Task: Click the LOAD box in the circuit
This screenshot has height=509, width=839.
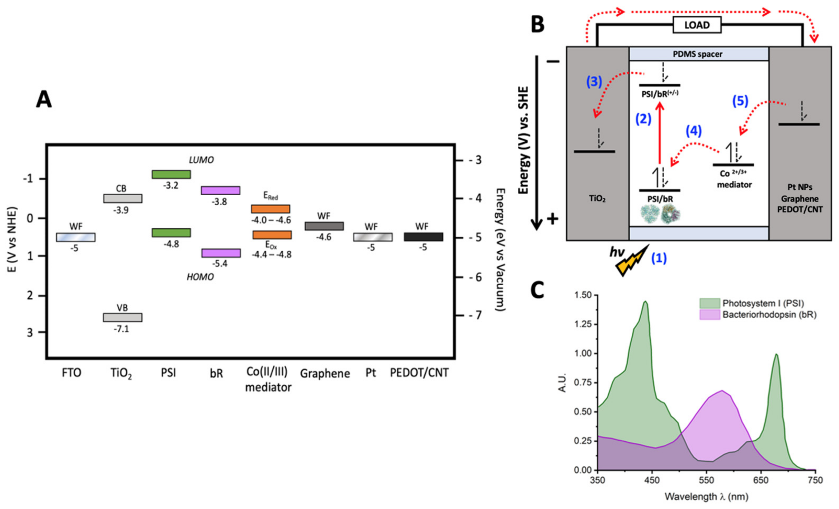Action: [697, 25]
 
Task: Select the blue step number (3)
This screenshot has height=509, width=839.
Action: [594, 82]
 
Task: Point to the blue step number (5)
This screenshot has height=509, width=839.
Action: [740, 101]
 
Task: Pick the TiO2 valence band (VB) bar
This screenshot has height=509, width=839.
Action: [123, 317]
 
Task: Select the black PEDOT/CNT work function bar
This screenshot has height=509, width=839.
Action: [424, 237]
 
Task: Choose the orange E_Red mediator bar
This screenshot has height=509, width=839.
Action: [271, 209]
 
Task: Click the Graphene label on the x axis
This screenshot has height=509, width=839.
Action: [325, 374]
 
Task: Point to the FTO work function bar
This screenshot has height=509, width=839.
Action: [76, 237]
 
